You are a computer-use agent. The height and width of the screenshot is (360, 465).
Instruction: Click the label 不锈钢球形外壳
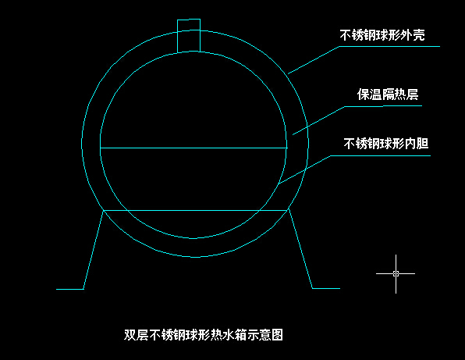(x=382, y=34)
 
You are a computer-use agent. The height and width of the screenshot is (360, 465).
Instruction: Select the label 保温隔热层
(x=388, y=94)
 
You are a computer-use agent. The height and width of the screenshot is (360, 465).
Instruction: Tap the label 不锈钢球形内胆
(x=386, y=144)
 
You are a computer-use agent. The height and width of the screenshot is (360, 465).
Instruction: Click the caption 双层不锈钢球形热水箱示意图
(x=204, y=335)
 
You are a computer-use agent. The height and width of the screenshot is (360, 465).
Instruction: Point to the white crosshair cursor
(x=396, y=273)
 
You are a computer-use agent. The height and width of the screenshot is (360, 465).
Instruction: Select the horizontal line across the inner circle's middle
(x=193, y=148)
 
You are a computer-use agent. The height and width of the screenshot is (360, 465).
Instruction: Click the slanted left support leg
(x=94, y=250)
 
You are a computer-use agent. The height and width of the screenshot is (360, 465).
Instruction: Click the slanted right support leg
(x=300, y=248)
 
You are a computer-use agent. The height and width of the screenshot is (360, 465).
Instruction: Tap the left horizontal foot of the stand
(x=69, y=289)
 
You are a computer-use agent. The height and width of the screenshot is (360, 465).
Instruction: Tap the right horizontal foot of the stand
(x=326, y=288)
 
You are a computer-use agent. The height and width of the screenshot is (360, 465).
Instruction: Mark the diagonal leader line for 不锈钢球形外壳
(x=314, y=60)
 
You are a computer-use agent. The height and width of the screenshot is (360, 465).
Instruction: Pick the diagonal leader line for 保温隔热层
(x=319, y=120)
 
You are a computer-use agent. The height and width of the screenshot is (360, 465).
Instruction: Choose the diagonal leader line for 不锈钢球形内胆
(x=305, y=169)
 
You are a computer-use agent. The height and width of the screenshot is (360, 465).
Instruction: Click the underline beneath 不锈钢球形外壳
(x=389, y=46)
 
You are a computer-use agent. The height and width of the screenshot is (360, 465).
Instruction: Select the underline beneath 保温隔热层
(x=383, y=106)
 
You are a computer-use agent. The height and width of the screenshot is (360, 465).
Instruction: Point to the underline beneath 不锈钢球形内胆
(x=381, y=155)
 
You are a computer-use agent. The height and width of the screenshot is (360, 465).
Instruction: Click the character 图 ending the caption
(x=277, y=335)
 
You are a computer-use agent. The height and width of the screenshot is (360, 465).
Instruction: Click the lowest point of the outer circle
(x=195, y=257)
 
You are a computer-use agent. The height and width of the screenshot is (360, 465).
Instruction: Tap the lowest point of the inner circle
(x=193, y=238)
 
